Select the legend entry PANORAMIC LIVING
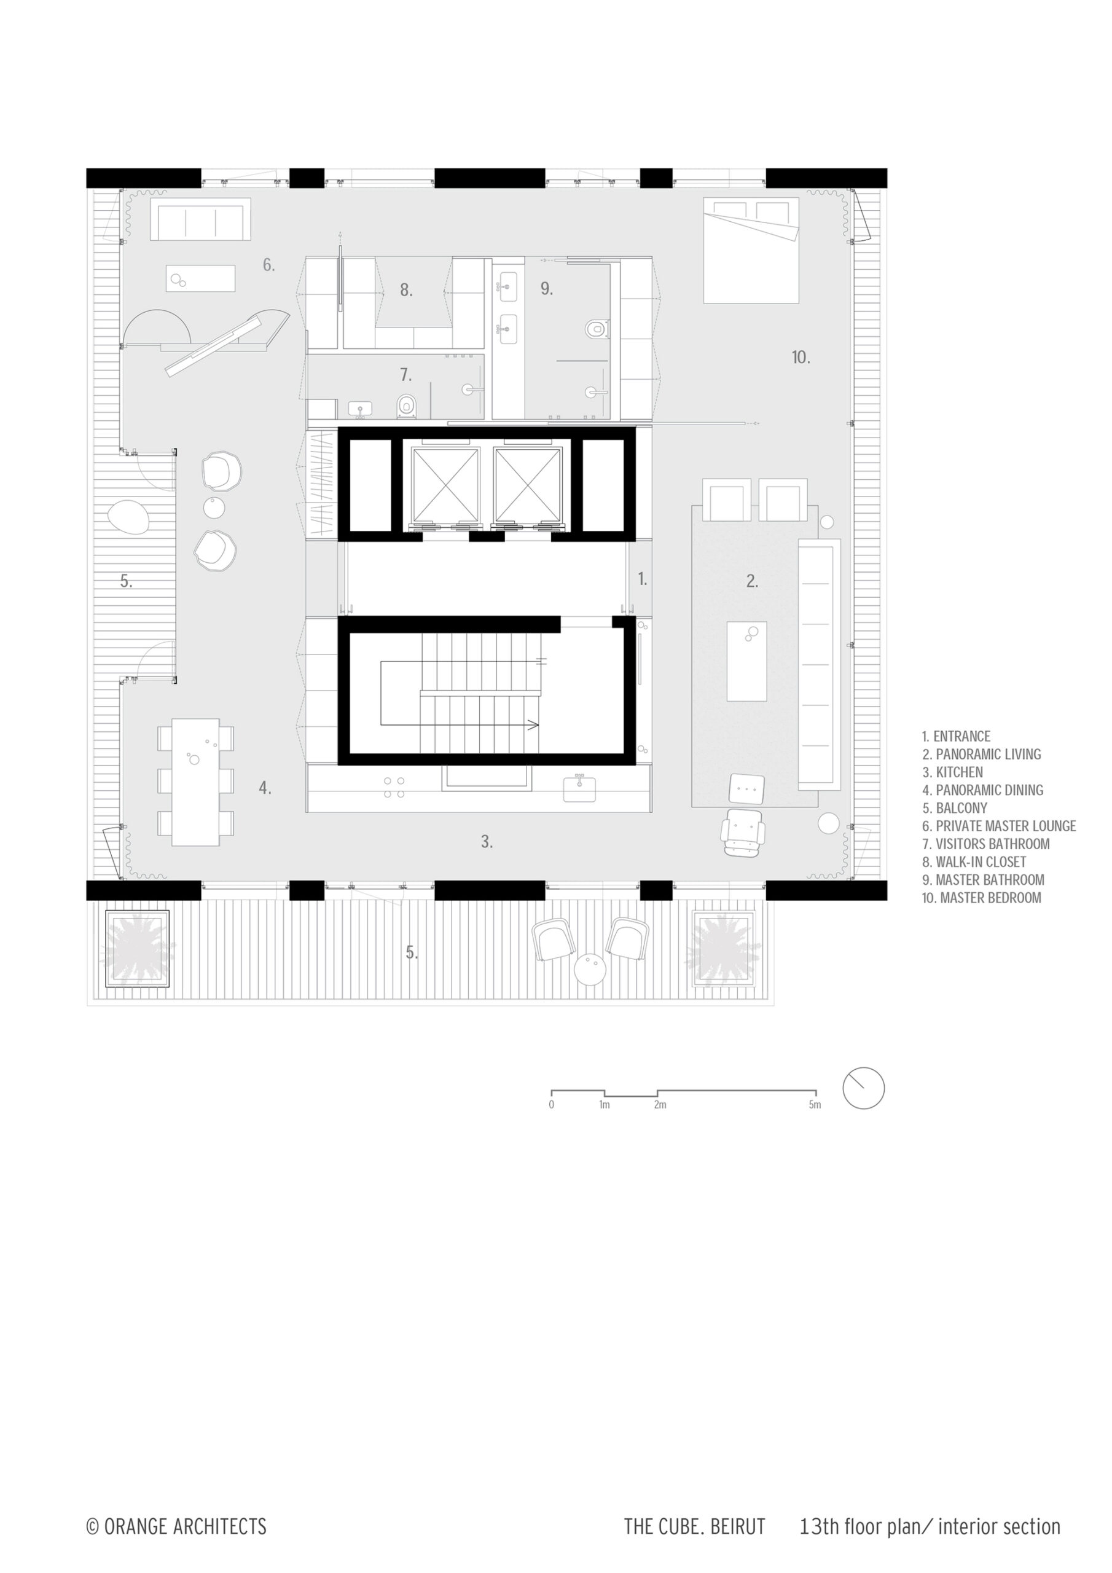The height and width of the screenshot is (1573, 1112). pos(981,755)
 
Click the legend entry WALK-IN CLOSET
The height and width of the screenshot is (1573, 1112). pos(974,862)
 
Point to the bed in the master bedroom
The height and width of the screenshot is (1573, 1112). pos(751,250)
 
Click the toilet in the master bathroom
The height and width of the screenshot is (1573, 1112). pos(597,329)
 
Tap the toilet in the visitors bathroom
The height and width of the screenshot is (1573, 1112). pos(407,407)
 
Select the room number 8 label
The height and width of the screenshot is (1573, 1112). pos(406,290)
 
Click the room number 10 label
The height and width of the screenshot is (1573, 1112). pos(801,357)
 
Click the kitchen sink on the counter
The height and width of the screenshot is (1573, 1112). pos(579,788)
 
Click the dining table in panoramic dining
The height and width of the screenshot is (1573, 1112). pos(195,782)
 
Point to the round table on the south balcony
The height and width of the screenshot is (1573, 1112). pos(590,970)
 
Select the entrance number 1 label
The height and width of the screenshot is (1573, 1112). pos(642,579)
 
